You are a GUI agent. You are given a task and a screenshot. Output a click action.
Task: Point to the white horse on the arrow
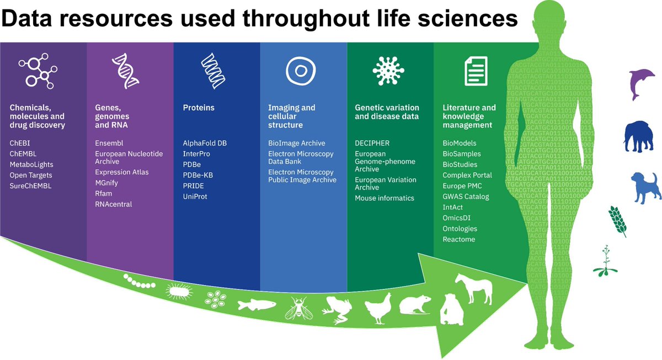click(x=473, y=288)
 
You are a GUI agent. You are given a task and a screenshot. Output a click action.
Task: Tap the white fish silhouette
click(x=257, y=304)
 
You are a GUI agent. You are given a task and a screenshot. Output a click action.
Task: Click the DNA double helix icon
click(x=125, y=71)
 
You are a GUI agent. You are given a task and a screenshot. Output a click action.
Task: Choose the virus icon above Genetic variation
click(x=386, y=71)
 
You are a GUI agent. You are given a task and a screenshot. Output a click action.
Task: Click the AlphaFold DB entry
click(x=205, y=143)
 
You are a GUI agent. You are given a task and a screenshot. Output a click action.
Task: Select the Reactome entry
click(x=458, y=239)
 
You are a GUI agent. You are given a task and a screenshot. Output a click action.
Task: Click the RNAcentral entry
click(x=114, y=204)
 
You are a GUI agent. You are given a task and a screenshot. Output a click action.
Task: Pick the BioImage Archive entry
click(x=296, y=143)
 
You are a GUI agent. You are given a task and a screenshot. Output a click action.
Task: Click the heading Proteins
click(x=198, y=108)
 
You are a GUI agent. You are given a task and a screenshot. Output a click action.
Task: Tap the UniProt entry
click(x=195, y=196)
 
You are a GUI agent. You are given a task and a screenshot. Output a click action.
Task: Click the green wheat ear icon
click(x=618, y=221)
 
